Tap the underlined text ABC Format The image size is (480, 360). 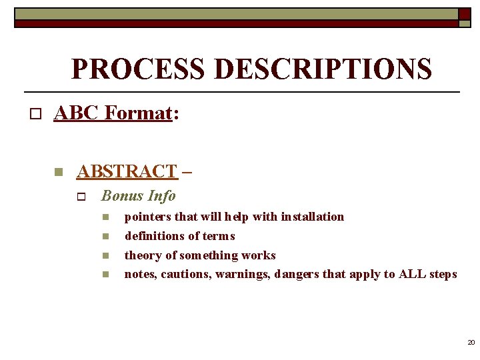pyautogui.click(x=113, y=113)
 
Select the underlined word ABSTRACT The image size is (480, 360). pyautogui.click(x=127, y=171)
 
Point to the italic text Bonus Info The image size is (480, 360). pyautogui.click(x=138, y=196)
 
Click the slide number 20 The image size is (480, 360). pyautogui.click(x=471, y=342)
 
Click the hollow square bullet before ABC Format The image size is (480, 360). pyautogui.click(x=35, y=114)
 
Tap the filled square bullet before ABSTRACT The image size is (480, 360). pyautogui.click(x=58, y=172)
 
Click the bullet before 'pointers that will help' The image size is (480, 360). pyautogui.click(x=105, y=217)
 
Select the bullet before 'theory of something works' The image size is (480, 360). pyautogui.click(x=105, y=256)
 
